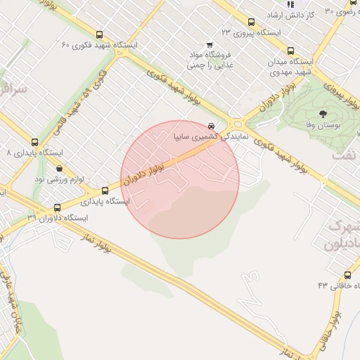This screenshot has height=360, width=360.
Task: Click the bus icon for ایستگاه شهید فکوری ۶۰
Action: click(x=98, y=34)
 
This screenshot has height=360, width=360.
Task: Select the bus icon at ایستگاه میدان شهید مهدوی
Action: click(x=290, y=51)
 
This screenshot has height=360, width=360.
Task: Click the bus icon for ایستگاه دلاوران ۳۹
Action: click(x=58, y=207)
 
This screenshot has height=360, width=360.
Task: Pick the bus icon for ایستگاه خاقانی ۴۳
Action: click(x=347, y=275)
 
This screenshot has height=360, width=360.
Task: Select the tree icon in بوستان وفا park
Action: click(x=323, y=113)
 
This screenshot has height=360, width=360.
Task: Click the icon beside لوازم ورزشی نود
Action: click(x=59, y=169)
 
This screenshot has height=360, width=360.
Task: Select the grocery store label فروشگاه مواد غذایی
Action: click(x=209, y=59)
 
